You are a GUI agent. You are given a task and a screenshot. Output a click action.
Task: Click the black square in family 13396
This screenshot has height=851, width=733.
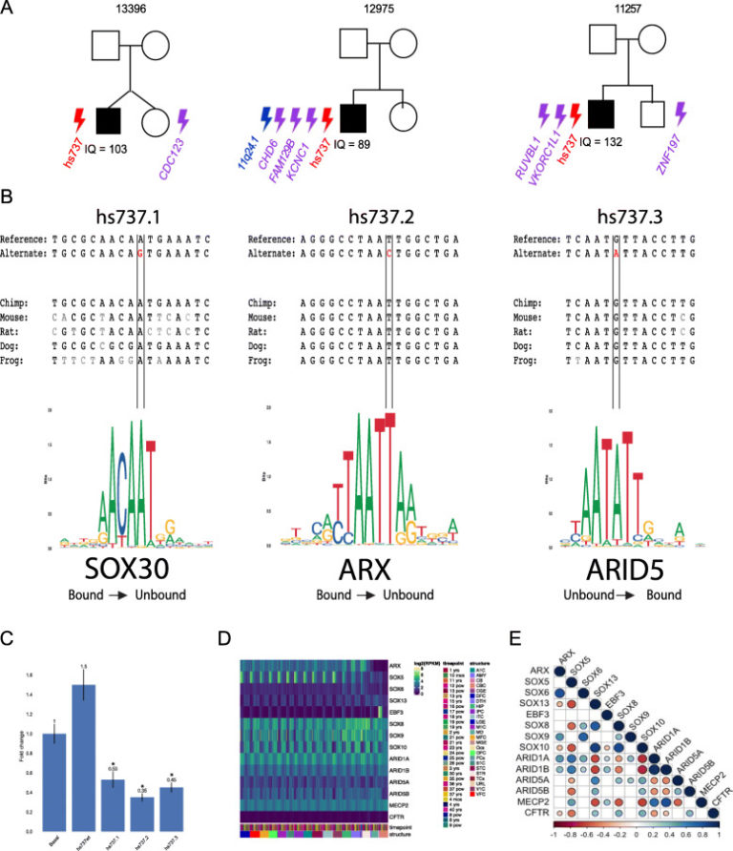coord(108,121)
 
